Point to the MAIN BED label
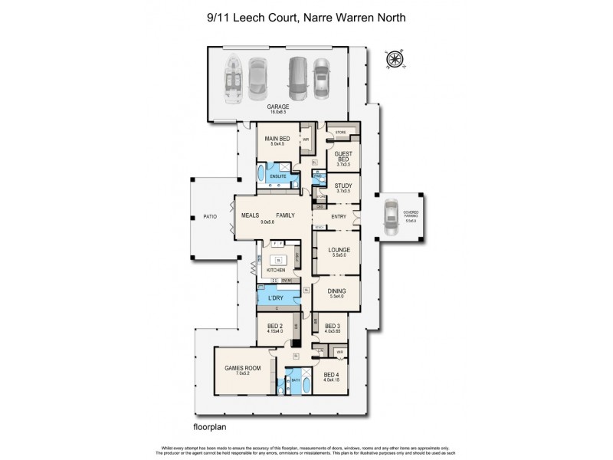(x=277, y=139)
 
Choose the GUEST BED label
(x=343, y=156)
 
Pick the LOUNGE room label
(x=339, y=249)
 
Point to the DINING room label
(x=337, y=291)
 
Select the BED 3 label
(x=332, y=325)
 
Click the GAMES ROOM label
(x=239, y=368)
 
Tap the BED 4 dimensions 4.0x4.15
(x=331, y=379)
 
